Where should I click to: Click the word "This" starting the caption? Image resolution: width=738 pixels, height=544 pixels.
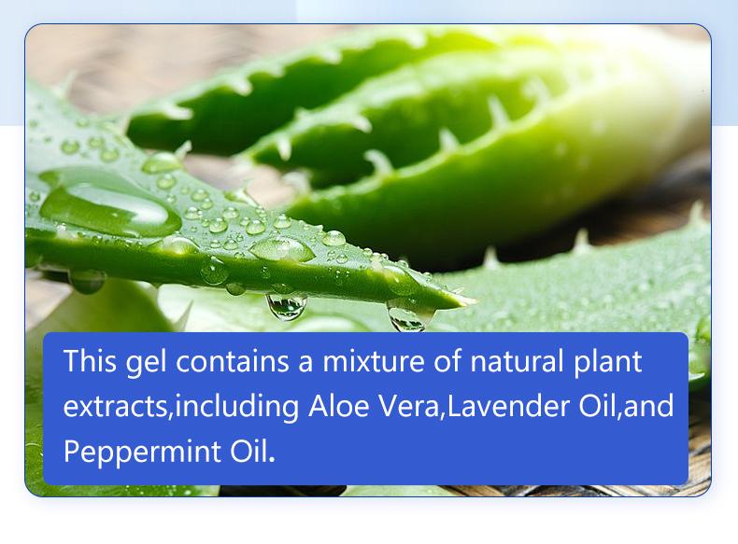[85, 361]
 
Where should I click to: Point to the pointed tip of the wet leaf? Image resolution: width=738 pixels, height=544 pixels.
[462, 300]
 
